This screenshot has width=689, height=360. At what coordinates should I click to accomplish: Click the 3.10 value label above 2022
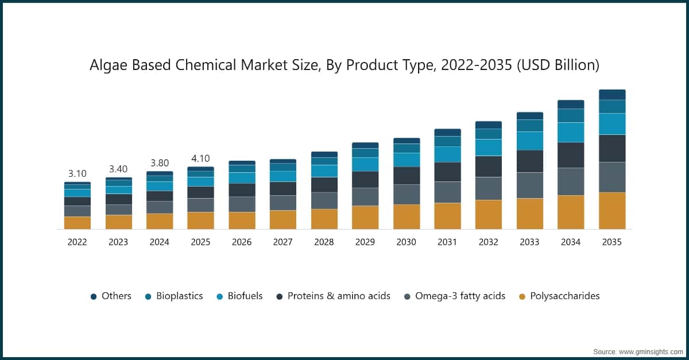coord(77,173)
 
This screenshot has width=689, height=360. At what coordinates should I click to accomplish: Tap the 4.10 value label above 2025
coord(200,158)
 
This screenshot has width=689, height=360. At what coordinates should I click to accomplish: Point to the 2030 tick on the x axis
coord(406,242)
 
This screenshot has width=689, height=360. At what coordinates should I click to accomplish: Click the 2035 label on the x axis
coord(612,242)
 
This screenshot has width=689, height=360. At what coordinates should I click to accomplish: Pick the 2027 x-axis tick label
coord(282,242)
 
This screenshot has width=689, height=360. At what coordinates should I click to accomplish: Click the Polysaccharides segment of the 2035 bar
coord(612,211)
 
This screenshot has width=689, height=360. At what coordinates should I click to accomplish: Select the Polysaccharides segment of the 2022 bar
coord(77,223)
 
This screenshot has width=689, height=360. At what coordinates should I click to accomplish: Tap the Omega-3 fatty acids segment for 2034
coord(571,181)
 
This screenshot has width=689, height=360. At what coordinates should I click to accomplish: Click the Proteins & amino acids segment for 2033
coord(529,161)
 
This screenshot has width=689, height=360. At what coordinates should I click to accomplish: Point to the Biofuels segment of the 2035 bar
coord(612,124)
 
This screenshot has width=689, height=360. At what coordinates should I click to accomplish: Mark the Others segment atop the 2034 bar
coord(571,104)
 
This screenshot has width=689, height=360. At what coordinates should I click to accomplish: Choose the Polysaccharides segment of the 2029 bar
coord(365,218)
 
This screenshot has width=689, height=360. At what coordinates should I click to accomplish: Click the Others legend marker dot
coord(94,296)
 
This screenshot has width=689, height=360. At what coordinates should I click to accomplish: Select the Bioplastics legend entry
coord(176,296)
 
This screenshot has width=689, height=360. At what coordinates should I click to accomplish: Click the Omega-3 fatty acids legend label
coord(460,296)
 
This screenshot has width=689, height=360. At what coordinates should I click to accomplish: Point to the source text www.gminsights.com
coord(649,350)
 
